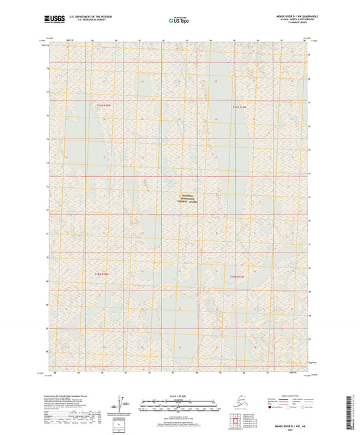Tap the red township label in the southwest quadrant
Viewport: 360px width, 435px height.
(x=101, y=274)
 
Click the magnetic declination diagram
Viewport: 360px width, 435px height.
(x=119, y=405)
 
